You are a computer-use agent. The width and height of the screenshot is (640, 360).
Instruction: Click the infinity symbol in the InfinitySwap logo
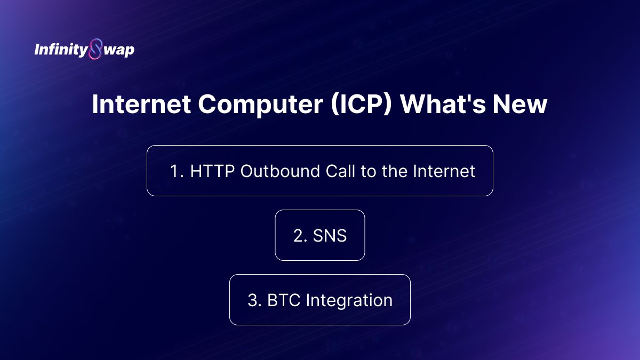click(95, 49)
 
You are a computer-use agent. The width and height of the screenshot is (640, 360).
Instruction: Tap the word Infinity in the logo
click(61, 50)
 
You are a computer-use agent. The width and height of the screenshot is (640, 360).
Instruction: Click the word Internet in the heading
click(141, 104)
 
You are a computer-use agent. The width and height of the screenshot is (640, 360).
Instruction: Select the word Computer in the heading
click(261, 105)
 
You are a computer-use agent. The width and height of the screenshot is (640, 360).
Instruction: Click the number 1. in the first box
click(177, 171)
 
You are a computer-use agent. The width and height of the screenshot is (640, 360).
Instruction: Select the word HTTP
click(212, 171)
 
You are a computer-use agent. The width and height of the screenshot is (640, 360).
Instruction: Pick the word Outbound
click(280, 171)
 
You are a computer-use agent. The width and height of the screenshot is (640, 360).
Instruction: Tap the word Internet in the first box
click(444, 171)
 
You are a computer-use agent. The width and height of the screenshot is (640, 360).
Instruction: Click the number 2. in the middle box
click(300, 236)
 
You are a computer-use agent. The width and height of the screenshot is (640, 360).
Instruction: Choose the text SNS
click(330, 236)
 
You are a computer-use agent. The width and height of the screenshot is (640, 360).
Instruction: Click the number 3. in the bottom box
click(254, 300)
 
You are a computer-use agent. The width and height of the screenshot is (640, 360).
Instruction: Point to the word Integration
click(349, 301)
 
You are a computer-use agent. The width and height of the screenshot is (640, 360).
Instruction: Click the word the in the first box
click(394, 171)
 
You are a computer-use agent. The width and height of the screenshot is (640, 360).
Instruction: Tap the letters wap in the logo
click(119, 51)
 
